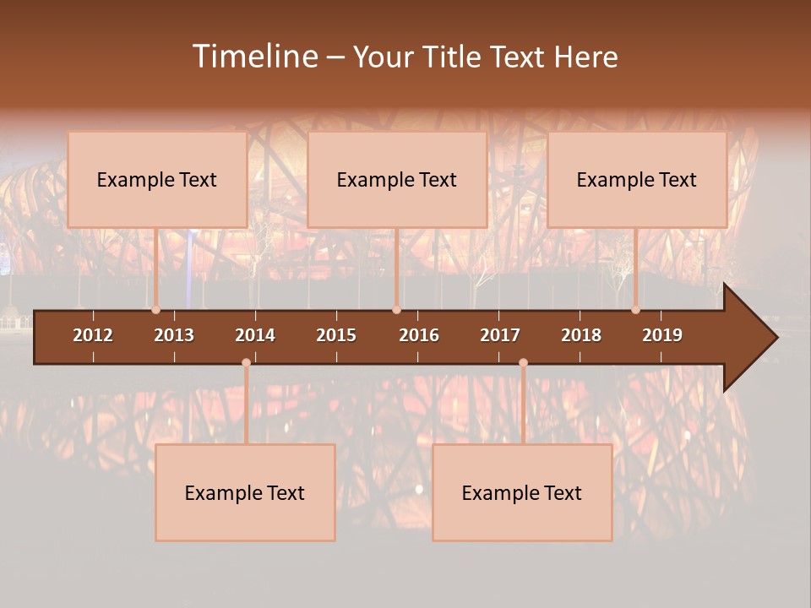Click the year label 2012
point(93,335)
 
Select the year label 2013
point(174,335)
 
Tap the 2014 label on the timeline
point(255,335)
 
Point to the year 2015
point(336,335)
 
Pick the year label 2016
point(419,335)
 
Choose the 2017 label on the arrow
point(500,335)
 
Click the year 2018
point(581,335)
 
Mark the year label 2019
point(662,335)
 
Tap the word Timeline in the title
point(254,57)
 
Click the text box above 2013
point(157,179)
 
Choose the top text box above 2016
point(397,179)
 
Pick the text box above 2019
point(637,179)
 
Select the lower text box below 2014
point(245,492)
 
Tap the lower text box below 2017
point(522,492)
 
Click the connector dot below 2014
point(246,363)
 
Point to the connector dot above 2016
point(396,310)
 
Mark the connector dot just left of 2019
point(635,310)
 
